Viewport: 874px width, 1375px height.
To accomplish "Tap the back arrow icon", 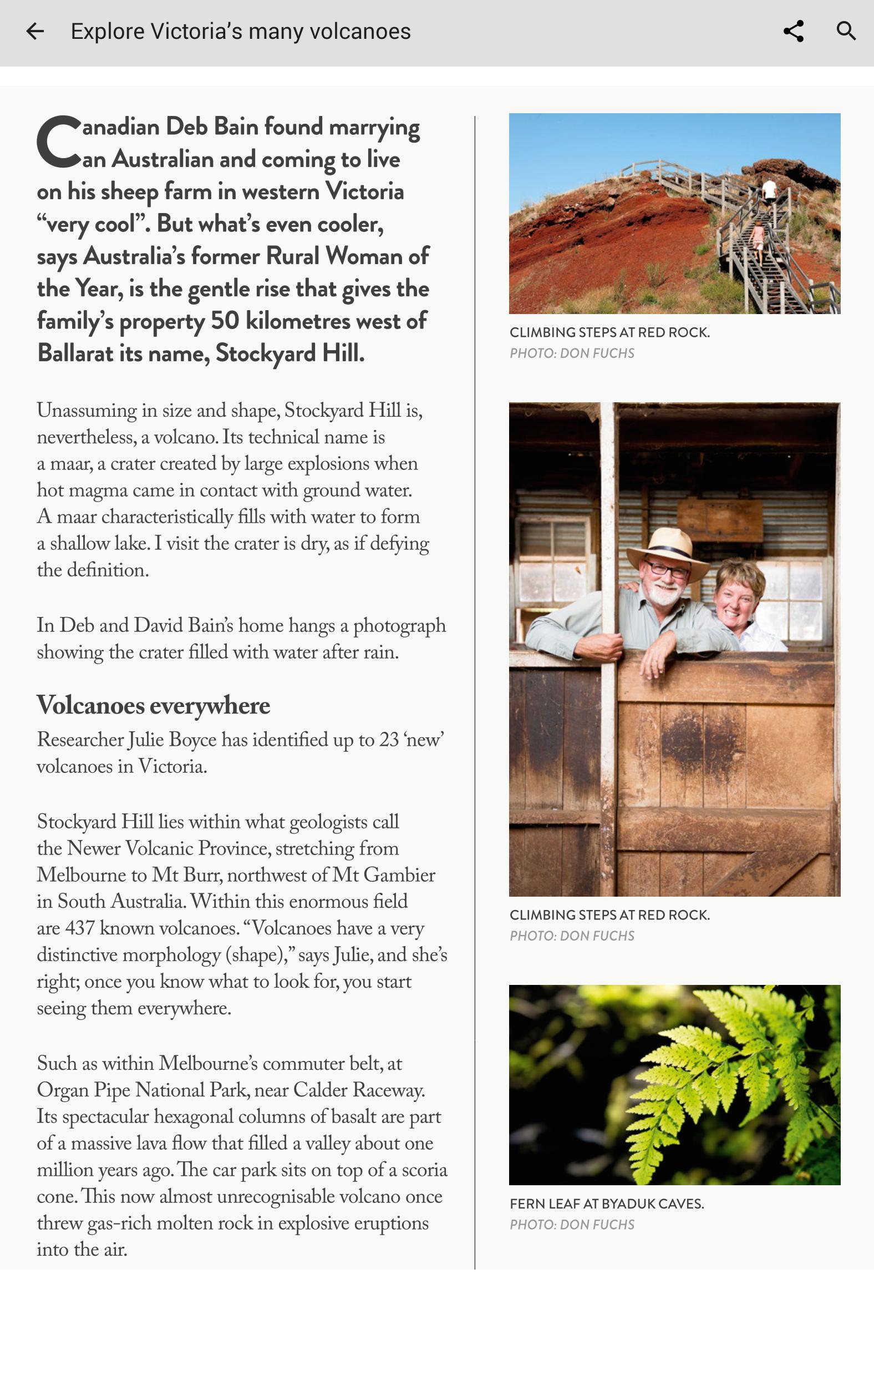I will [x=35, y=32].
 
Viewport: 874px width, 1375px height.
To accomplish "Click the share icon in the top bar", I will [x=793, y=32].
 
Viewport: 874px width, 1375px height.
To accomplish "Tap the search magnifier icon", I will [x=846, y=31].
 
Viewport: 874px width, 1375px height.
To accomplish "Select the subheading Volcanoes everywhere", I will [x=153, y=706].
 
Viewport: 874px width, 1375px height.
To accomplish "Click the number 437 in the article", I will [x=79, y=928].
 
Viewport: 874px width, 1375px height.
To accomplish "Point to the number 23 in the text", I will [x=389, y=740].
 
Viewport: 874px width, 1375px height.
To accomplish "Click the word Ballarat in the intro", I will [x=75, y=353].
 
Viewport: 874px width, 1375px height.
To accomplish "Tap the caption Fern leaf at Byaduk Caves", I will [x=606, y=1204].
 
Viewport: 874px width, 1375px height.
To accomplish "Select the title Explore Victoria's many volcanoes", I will [x=240, y=32].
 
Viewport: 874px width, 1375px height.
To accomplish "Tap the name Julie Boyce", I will [x=172, y=740].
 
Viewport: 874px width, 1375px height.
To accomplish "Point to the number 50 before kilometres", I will [x=225, y=321].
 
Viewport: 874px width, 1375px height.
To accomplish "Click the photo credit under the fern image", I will [x=571, y=1225].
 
